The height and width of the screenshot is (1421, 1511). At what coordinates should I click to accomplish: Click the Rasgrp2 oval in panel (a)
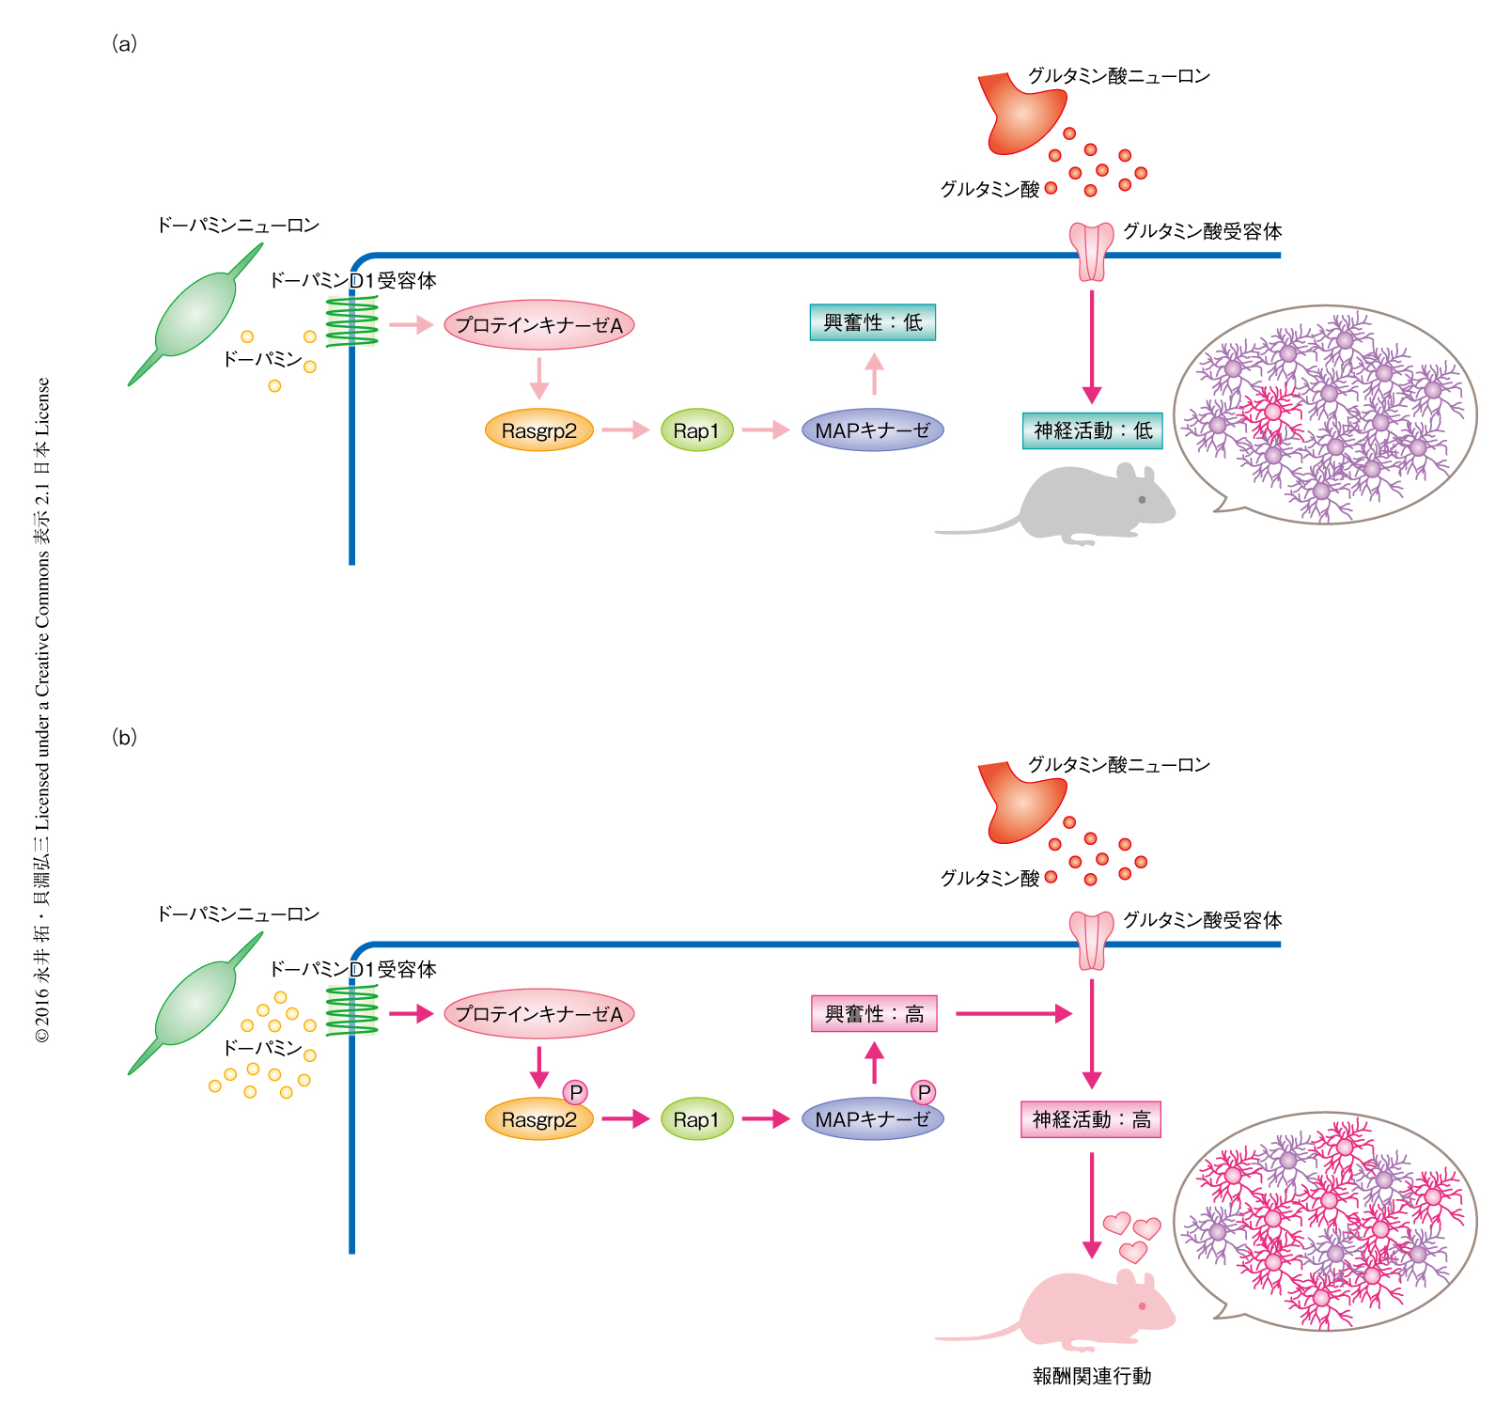tap(538, 431)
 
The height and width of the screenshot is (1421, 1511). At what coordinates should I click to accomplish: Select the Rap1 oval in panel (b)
tap(696, 1119)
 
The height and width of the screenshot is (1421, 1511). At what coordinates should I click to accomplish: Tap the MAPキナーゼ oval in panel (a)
tap(872, 430)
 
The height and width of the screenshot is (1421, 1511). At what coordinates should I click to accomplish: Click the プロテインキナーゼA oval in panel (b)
tap(538, 1014)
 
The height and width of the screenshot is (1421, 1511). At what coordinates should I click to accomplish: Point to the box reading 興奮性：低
tap(872, 322)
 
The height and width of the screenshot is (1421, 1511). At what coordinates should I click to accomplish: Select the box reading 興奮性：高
tap(874, 1014)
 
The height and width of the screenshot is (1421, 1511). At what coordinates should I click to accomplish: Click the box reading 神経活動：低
tap(1092, 430)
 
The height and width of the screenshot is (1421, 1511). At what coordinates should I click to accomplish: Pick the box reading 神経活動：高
tap(1091, 1119)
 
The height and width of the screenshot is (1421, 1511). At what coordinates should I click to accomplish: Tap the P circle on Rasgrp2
tap(575, 1092)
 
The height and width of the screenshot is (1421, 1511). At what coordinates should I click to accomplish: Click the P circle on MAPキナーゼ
tap(924, 1092)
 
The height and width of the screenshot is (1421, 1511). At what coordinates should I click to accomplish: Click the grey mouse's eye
tap(1142, 499)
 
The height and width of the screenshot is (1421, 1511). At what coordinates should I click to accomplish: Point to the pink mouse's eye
tap(1142, 1306)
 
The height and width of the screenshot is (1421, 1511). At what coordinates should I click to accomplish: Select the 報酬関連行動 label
tap(1091, 1376)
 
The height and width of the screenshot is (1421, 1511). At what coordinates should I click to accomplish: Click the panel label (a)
tap(124, 43)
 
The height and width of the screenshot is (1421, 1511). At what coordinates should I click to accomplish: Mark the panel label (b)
tap(124, 737)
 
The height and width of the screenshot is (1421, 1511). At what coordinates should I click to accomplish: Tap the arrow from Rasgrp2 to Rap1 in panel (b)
tap(626, 1118)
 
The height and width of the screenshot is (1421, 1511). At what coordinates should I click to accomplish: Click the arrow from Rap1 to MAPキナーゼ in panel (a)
tap(766, 430)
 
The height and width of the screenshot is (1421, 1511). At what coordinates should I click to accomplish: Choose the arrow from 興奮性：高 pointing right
tap(1014, 1013)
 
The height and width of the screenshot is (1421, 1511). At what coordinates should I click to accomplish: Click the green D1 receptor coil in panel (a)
tap(352, 322)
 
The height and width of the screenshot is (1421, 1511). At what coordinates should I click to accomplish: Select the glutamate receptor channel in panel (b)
tap(1091, 941)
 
